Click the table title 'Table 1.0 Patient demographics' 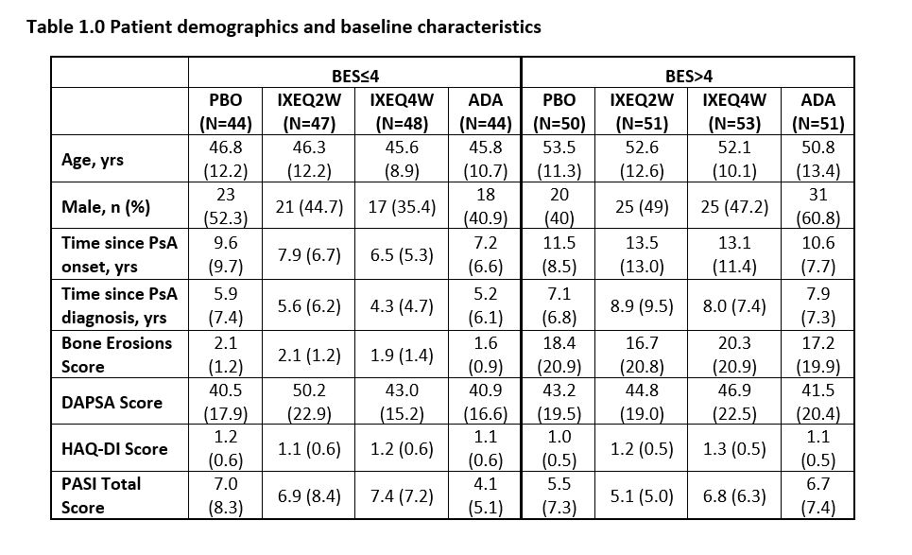coord(284,26)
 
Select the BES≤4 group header coord(354,75)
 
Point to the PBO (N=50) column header coord(559,111)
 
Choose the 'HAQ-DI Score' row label coord(110,448)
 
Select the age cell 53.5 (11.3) coord(559,160)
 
